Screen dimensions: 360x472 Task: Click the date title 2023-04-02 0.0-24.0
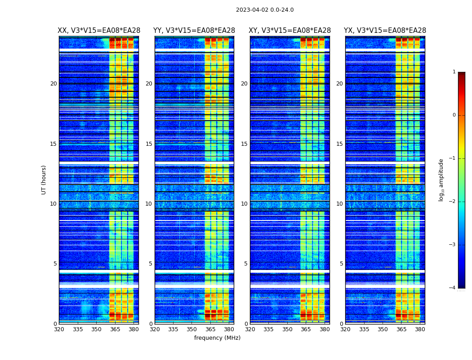click(x=265, y=10)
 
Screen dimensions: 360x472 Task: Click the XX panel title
click(x=99, y=31)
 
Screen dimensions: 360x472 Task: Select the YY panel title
click(x=194, y=31)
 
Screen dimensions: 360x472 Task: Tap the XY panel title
click(x=290, y=31)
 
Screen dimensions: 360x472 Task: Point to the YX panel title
click(x=385, y=31)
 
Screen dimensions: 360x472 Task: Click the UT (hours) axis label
click(x=44, y=180)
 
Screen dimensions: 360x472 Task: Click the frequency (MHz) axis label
click(x=217, y=338)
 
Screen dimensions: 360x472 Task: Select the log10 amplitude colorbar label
click(x=441, y=180)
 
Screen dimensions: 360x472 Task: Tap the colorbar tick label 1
click(x=454, y=72)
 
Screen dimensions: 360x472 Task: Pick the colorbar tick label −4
click(x=452, y=288)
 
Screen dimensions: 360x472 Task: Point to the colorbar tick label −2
click(x=452, y=202)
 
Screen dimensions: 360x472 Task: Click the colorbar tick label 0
click(x=454, y=115)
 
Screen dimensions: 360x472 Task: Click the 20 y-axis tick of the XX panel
click(x=53, y=84)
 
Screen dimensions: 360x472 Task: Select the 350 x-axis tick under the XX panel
click(x=97, y=329)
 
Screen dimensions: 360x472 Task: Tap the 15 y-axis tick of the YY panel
click(x=149, y=144)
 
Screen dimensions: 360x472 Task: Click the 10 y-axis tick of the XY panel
click(x=244, y=204)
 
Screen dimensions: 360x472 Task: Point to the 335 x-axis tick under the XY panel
click(x=269, y=329)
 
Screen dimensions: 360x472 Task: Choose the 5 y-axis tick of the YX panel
click(x=341, y=264)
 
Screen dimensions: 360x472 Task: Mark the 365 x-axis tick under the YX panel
click(x=401, y=329)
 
